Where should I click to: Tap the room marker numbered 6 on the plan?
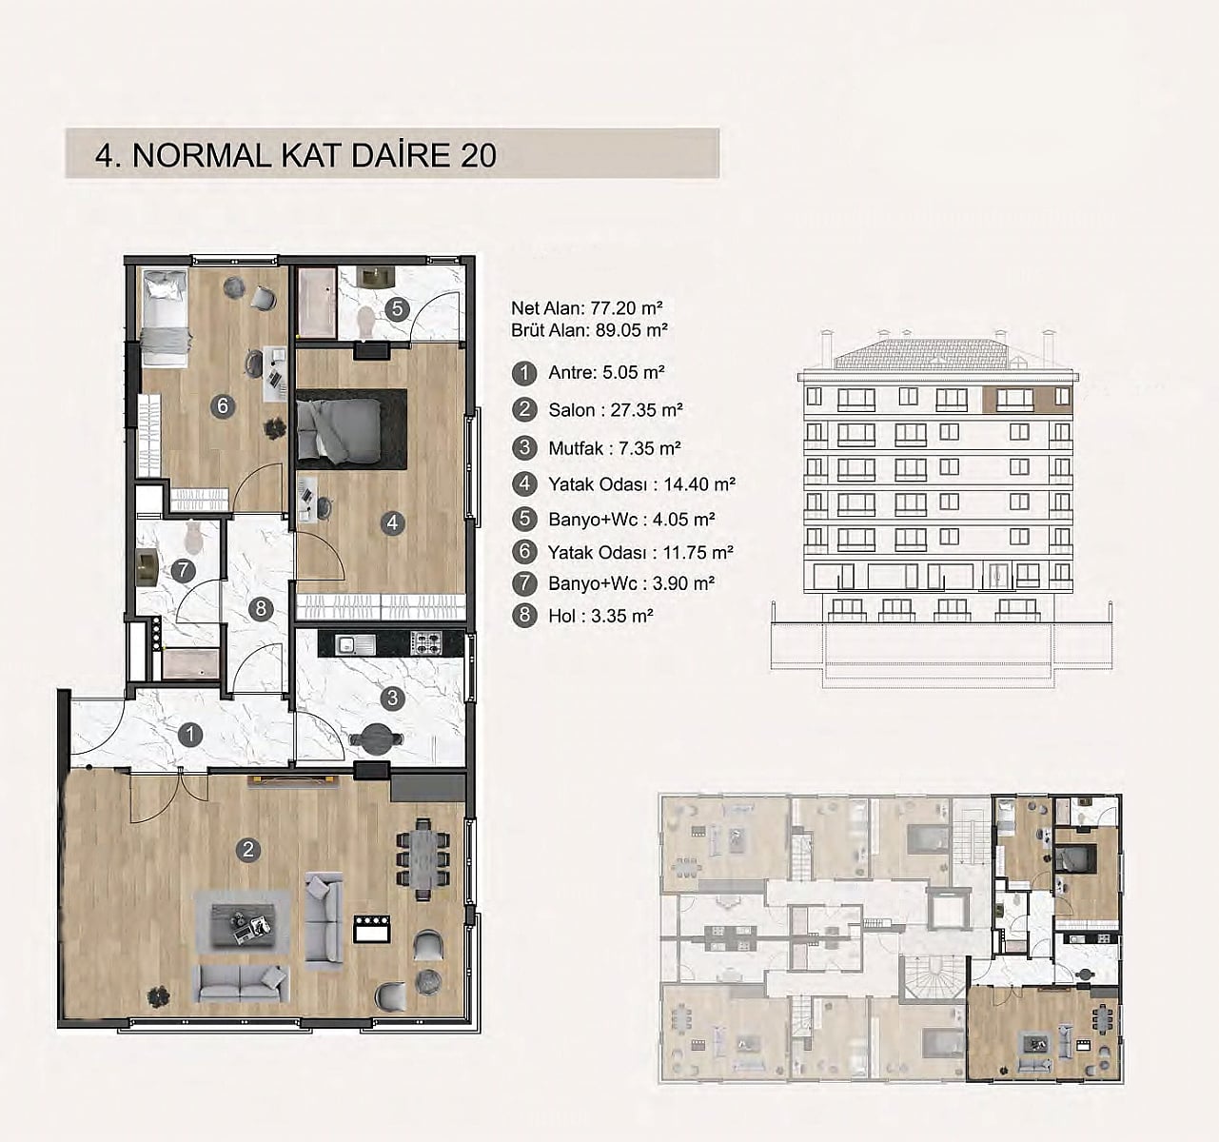tap(223, 405)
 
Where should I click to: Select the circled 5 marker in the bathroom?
tap(397, 308)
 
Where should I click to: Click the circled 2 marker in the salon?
tap(248, 850)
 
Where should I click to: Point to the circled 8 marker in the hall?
tap(261, 608)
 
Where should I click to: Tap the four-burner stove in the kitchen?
tap(426, 642)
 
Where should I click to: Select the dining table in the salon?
tap(423, 859)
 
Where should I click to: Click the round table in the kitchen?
tap(376, 739)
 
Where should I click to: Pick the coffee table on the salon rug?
tap(242, 922)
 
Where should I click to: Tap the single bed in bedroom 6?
tap(165, 318)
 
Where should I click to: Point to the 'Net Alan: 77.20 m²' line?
tap(587, 308)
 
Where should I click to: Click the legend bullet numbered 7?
tap(524, 582)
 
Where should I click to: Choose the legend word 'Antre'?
tap(572, 373)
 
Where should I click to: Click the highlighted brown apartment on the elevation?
tap(1027, 400)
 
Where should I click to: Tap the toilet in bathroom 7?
tap(193, 539)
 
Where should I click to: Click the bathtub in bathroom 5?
tap(317, 302)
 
